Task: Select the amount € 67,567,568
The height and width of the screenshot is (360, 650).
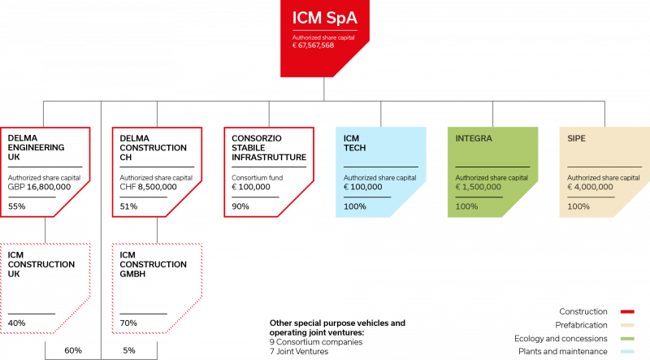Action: [313, 46]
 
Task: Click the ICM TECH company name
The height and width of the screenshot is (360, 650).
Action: [352, 143]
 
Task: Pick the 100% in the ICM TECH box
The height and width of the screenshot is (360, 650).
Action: [354, 206]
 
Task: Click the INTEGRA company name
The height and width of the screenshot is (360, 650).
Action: [474, 138]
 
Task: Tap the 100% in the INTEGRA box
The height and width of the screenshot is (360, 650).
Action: [466, 206]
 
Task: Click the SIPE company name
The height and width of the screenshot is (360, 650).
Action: [576, 138]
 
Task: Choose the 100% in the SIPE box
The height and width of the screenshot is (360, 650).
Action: [578, 206]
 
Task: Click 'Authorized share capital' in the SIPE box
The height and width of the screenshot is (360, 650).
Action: [604, 177]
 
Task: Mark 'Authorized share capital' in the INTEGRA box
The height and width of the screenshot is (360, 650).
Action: [492, 177]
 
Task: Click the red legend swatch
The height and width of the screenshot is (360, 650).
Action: [626, 311]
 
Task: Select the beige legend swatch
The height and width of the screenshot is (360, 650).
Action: [626, 325]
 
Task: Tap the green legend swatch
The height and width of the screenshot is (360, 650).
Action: [626, 338]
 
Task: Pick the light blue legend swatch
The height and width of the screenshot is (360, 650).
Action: [626, 351]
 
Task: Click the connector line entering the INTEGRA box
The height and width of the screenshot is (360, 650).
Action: [492, 114]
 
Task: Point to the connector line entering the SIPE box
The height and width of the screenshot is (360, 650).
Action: [604, 114]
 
